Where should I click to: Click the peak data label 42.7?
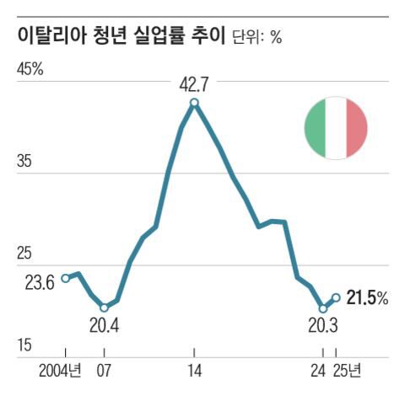pos(194,84)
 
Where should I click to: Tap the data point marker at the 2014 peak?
pos(194,103)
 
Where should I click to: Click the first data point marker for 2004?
pos(65,278)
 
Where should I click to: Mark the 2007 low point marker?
pos(104,307)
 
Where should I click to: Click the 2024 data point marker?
pos(323,308)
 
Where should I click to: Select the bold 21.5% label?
pos(367,297)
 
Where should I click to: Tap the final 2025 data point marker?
pos(336,297)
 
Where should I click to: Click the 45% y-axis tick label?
pos(30,69)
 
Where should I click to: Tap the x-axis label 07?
pos(104,371)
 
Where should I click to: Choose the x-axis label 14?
pos(194,371)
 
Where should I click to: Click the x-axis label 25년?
pos(346,371)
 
